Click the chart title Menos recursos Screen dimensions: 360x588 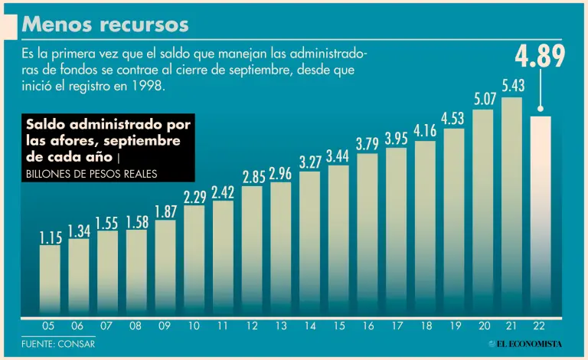point(106,25)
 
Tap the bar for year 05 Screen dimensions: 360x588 point(50,280)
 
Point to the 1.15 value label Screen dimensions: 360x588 point(50,238)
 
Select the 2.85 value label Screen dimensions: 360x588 point(253,177)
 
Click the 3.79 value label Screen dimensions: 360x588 point(367,144)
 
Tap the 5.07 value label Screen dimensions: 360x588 point(483,99)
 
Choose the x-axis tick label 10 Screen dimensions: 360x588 point(194,326)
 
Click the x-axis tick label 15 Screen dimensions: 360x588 point(338,326)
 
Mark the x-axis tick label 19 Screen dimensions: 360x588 point(454,326)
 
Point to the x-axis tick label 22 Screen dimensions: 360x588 point(541,326)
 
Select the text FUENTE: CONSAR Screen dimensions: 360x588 point(58,344)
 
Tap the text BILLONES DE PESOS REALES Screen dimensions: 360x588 point(91,174)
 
